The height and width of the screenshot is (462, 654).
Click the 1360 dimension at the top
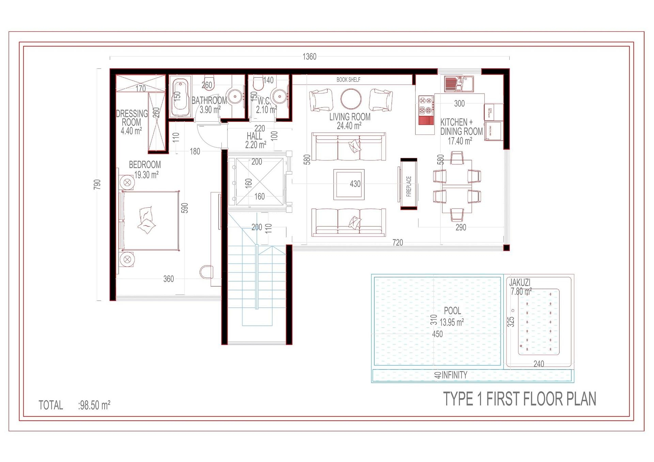[x=309, y=57]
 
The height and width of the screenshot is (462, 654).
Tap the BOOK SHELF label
[x=348, y=80]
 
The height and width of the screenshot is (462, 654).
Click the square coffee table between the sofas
[x=348, y=184]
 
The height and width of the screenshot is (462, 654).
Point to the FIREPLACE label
[x=409, y=186]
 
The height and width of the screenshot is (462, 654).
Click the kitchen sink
[x=458, y=84]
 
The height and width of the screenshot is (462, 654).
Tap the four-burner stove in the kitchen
[x=426, y=105]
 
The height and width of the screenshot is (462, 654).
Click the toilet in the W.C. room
[x=258, y=83]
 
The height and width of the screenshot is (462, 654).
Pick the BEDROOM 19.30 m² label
[x=145, y=170]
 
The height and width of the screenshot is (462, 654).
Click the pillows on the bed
[x=146, y=220]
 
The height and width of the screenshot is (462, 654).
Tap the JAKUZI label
[x=520, y=283]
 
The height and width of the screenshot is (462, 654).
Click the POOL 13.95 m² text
[x=452, y=316]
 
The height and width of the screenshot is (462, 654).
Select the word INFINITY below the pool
[x=454, y=375]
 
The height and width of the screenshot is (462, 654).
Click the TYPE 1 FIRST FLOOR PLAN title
[x=519, y=399]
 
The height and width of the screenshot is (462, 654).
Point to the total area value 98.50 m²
[x=94, y=405]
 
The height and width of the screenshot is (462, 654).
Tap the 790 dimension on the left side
[x=97, y=185]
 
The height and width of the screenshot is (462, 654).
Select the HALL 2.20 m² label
[x=255, y=140]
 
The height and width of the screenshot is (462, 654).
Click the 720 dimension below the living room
[x=398, y=242]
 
